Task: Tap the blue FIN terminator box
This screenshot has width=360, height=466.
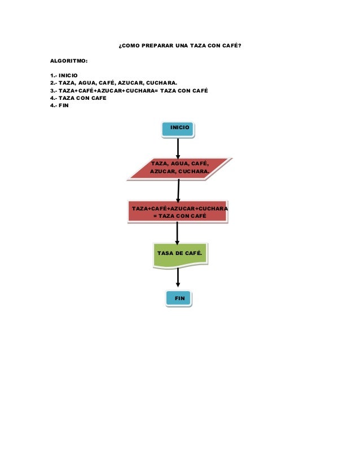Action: coord(179,297)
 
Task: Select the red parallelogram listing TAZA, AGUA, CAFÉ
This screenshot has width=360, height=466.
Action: coord(179,168)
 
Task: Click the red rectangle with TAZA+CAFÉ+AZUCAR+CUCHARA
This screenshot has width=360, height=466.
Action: coord(179,212)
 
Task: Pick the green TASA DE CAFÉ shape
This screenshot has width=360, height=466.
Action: coord(179,255)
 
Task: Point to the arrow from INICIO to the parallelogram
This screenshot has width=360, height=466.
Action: coord(179,148)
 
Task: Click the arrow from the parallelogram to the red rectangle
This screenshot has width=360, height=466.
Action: coord(178,190)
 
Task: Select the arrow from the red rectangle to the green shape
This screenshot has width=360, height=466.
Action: coord(178,232)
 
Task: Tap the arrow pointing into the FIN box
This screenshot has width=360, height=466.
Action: coord(178,278)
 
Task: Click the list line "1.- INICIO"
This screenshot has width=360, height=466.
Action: coord(64,75)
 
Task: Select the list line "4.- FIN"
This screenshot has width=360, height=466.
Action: coord(59,105)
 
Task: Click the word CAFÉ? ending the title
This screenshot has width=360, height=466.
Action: coord(231,45)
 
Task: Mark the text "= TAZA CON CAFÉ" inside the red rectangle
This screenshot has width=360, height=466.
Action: coord(179,216)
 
